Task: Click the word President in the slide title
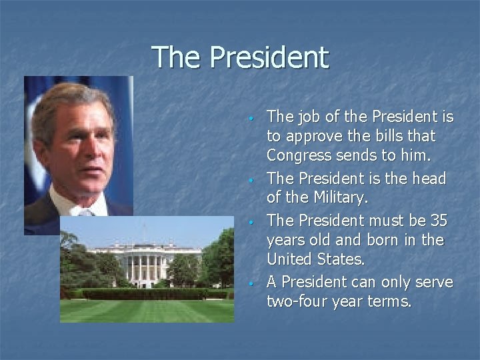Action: pos(269,57)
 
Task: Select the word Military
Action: pos(335,199)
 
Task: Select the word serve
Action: pos(434,282)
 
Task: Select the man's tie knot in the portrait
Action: pos(85,213)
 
